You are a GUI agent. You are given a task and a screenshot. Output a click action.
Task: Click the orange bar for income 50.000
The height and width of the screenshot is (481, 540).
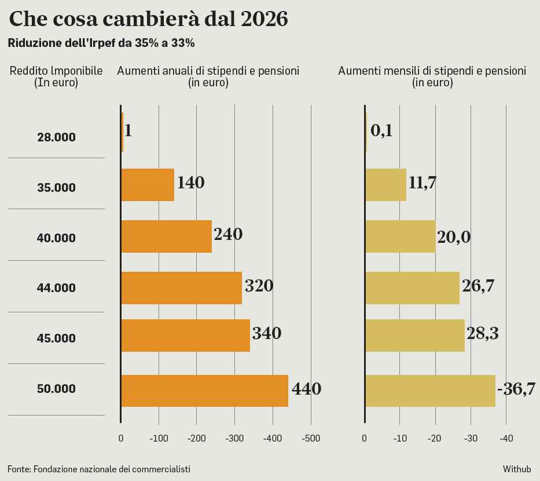coord(204,391)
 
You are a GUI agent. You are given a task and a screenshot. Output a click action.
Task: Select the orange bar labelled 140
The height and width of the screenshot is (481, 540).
coord(148,184)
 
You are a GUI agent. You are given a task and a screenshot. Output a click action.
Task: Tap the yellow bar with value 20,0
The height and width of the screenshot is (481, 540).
coord(400,236)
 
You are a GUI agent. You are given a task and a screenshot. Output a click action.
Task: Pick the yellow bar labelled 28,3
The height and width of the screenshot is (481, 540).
coord(414,335)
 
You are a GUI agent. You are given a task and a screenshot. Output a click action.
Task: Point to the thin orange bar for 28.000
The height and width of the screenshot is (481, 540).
coord(122,132)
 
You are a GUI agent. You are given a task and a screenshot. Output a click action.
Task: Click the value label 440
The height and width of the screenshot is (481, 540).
coord(306,389)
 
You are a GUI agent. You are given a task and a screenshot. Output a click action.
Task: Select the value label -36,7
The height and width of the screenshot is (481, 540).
coord(516,389)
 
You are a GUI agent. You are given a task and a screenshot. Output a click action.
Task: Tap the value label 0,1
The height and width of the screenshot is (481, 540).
coord(381,131)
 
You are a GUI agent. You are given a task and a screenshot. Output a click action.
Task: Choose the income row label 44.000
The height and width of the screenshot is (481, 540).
coord(56,288)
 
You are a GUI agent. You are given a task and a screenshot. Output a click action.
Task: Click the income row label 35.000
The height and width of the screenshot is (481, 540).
coord(56,188)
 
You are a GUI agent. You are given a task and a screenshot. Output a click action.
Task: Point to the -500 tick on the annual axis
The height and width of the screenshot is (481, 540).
coord(311,439)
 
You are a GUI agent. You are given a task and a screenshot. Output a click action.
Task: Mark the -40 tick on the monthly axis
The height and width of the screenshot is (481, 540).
coord(506,439)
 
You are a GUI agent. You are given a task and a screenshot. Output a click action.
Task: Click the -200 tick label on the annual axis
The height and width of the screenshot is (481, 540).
coord(197,439)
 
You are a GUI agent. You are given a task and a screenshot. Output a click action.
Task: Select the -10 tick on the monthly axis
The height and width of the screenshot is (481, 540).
coord(400,439)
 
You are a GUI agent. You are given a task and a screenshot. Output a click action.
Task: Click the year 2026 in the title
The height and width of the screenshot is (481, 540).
coord(263,19)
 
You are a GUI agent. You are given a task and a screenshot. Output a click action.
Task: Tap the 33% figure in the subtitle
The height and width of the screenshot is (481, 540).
coord(183,43)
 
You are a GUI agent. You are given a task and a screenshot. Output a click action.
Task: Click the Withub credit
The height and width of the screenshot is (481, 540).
coord(516,469)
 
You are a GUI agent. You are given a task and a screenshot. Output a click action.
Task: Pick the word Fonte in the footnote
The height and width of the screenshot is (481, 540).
coord(19,469)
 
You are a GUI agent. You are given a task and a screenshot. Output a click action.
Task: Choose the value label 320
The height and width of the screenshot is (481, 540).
coord(259,286)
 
